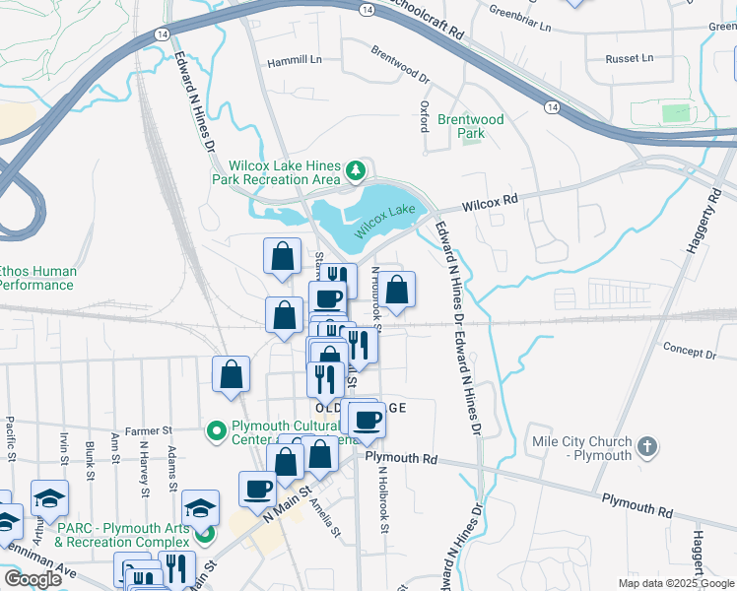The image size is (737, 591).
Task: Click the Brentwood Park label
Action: pos(471,126)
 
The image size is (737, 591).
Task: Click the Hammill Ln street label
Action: pos(295,60)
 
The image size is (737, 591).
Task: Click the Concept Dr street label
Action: pos(689,352)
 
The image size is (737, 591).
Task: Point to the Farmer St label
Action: pos(148,430)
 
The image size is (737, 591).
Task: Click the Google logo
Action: pos(33,578)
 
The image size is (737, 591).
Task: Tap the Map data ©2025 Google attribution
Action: pos(676,583)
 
